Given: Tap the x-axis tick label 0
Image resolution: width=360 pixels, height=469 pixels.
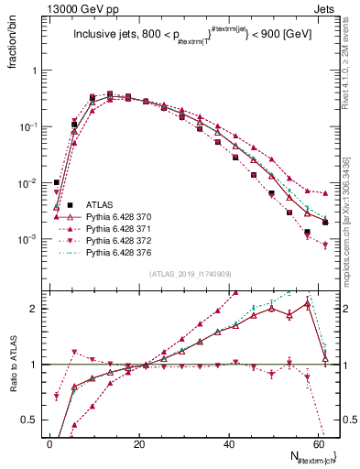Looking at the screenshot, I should (x=49, y=443).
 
